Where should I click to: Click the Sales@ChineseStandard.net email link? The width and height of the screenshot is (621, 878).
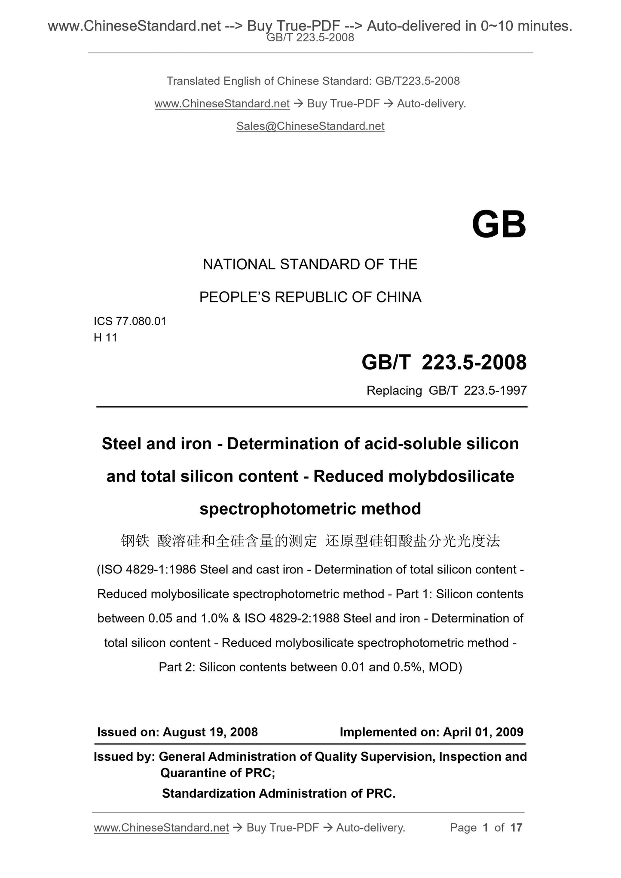click(x=310, y=126)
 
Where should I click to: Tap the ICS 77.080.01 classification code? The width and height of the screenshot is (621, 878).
click(x=130, y=321)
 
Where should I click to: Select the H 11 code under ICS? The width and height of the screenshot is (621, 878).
click(x=105, y=338)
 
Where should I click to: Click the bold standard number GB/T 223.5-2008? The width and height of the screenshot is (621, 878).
click(x=444, y=363)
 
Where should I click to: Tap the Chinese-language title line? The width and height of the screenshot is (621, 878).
click(x=310, y=541)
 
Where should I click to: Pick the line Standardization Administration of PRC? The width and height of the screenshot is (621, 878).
click(x=278, y=793)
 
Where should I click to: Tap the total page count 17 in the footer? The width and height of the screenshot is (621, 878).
click(x=516, y=828)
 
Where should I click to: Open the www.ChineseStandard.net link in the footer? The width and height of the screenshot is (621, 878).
click(x=161, y=828)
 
